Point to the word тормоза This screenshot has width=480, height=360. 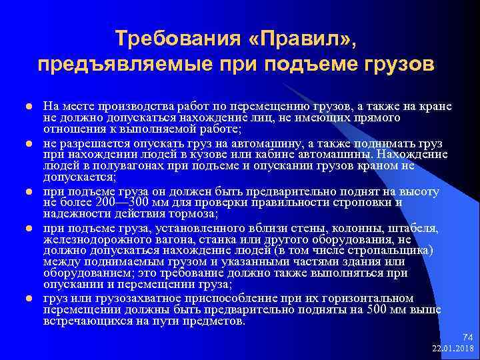tap(190, 214)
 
